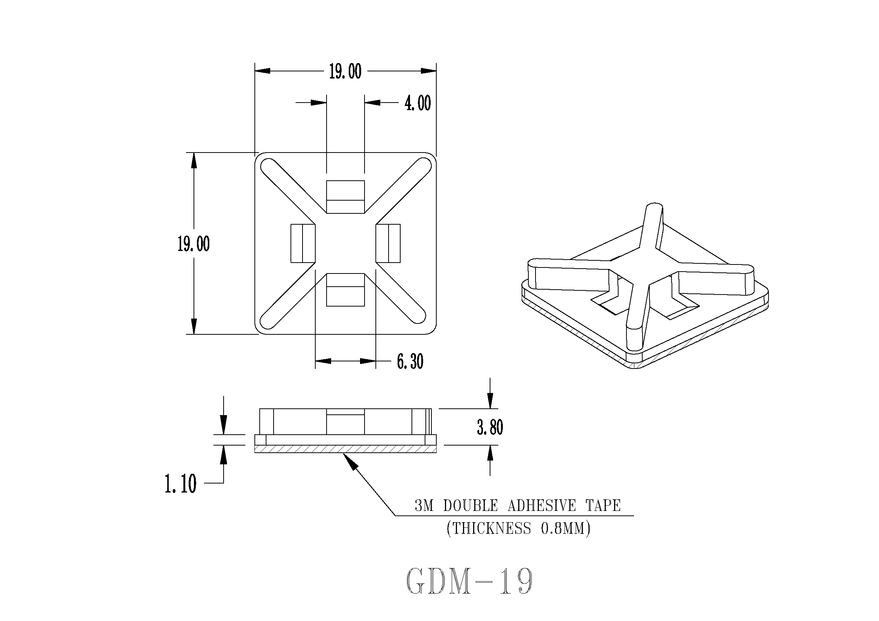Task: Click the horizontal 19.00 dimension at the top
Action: pos(345,71)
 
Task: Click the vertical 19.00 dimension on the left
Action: pos(194,244)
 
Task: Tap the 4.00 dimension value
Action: pos(418,103)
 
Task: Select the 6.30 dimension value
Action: pos(410,361)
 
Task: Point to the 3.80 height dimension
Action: pos(490,427)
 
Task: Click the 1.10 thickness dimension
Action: pos(180,484)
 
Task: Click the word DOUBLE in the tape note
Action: pos(471,506)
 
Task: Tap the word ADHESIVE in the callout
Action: pos(541,506)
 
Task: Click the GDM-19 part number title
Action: pos(469,581)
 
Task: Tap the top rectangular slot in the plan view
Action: pos(345,197)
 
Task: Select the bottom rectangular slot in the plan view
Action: pos(345,290)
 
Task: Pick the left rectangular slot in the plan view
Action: pos(303,243)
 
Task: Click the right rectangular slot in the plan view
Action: pos(388,243)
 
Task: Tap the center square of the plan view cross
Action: pos(345,243)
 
